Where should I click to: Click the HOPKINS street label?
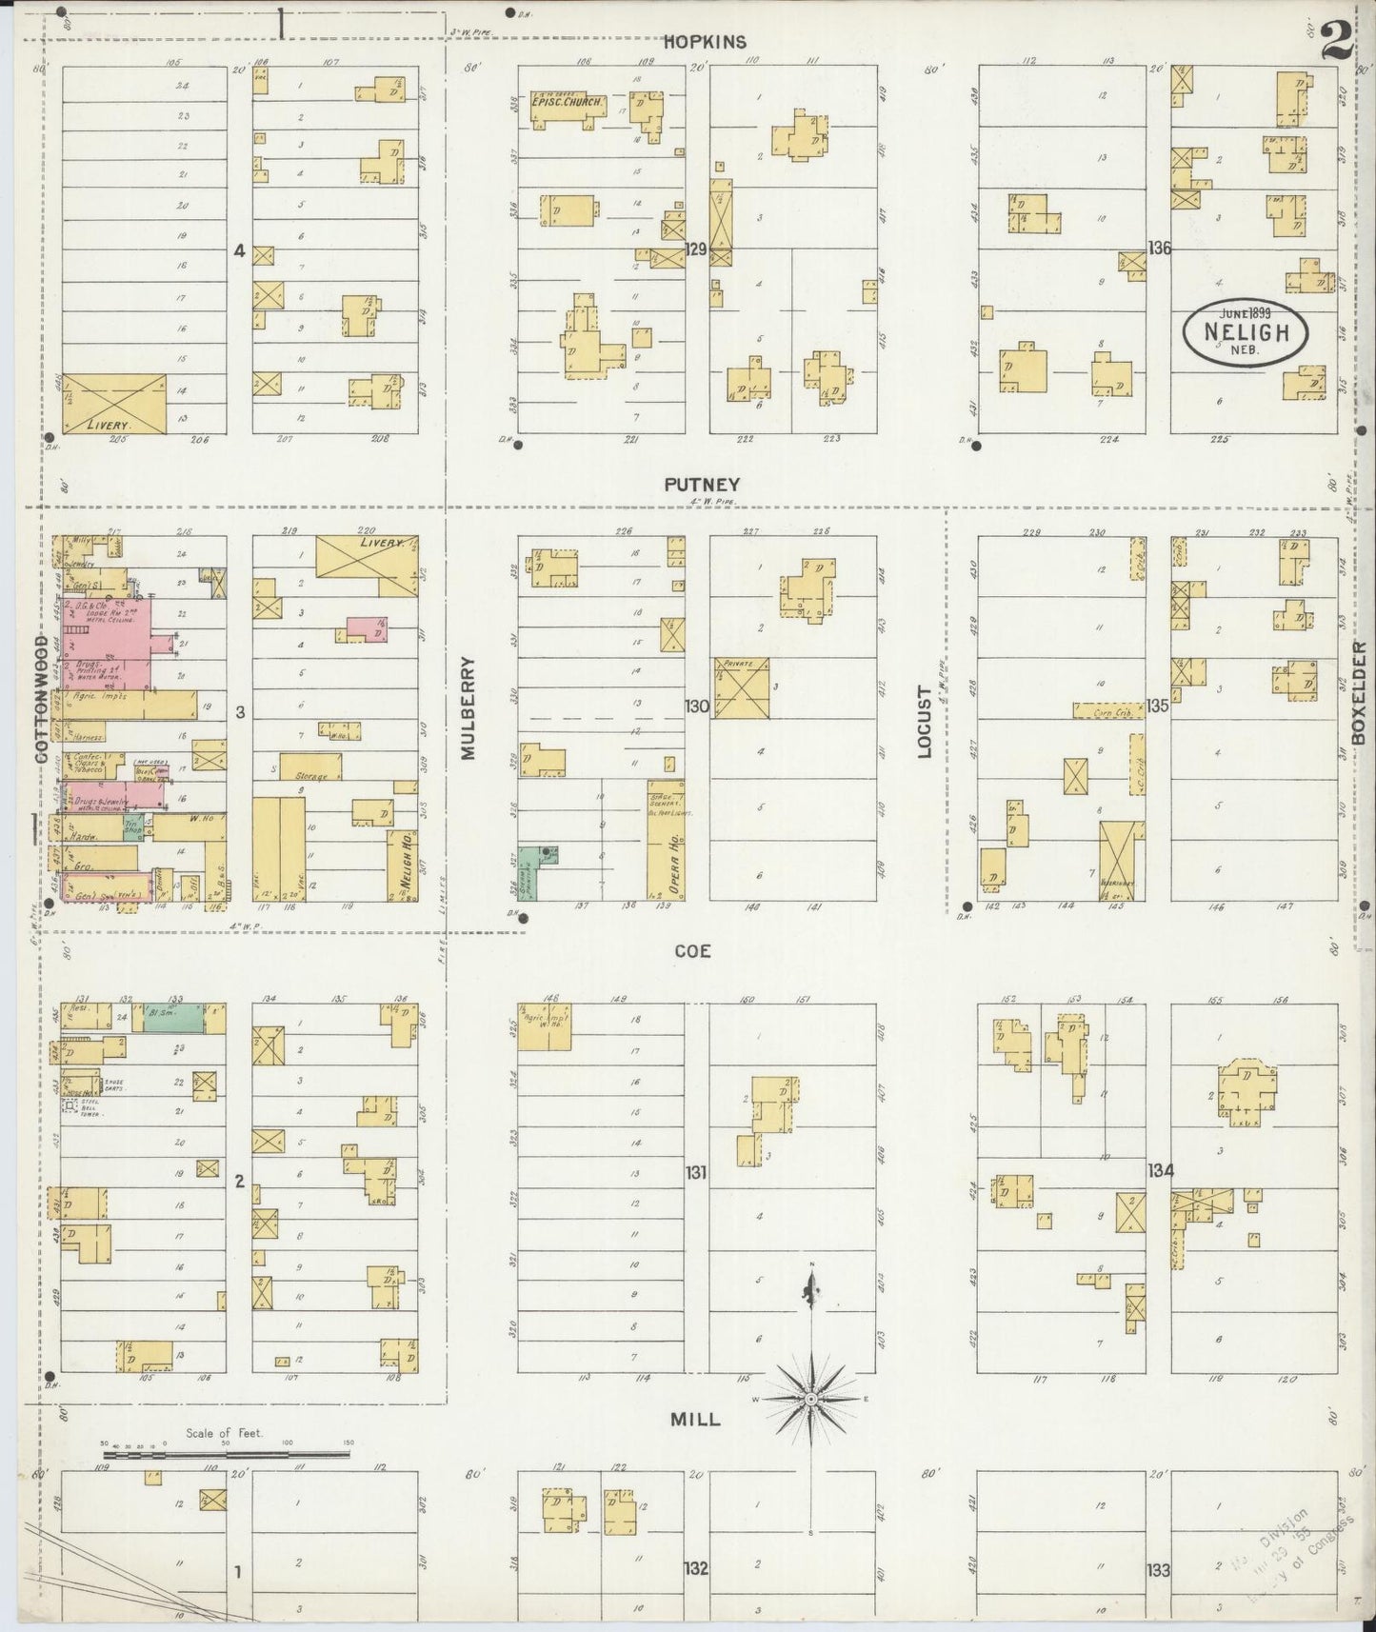[705, 42]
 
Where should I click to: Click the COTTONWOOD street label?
[42, 700]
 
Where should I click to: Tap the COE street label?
[692, 951]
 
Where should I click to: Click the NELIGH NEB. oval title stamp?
[1246, 333]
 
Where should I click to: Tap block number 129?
[697, 249]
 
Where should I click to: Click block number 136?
[1159, 248]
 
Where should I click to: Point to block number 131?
[696, 1172]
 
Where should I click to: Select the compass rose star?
[810, 1398]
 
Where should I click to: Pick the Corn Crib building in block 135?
[1108, 711]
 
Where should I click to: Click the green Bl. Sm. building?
[172, 1017]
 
